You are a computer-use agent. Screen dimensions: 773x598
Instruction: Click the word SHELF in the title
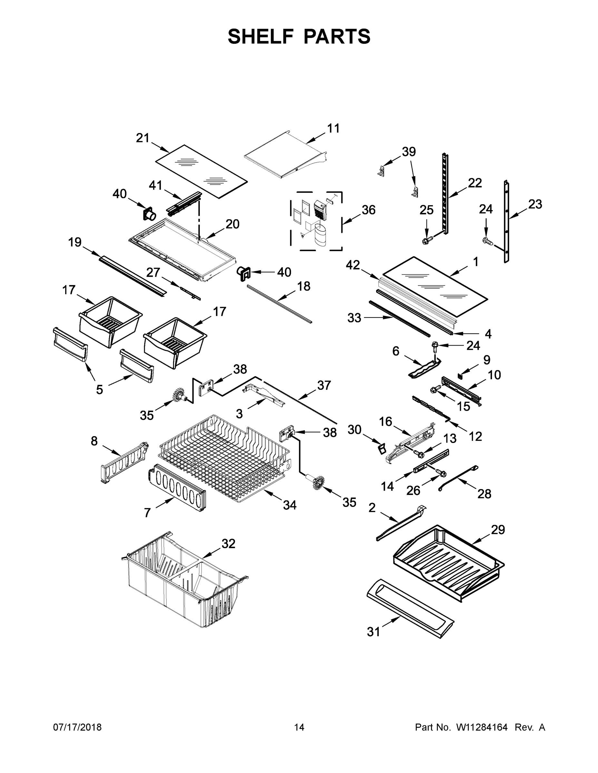tap(261, 36)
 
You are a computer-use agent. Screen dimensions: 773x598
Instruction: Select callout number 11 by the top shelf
tap(333, 129)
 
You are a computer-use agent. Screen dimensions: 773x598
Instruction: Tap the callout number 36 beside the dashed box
tap(368, 210)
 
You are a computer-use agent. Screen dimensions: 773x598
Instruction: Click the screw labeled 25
tap(426, 241)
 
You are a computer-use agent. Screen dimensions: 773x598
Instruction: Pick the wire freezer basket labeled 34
tap(223, 457)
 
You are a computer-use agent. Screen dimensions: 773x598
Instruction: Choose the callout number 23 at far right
tap(535, 204)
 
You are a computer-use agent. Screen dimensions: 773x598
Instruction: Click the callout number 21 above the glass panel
tap(142, 138)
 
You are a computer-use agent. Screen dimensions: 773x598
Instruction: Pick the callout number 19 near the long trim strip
tap(75, 243)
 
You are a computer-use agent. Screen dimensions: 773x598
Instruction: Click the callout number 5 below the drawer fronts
tap(100, 390)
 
